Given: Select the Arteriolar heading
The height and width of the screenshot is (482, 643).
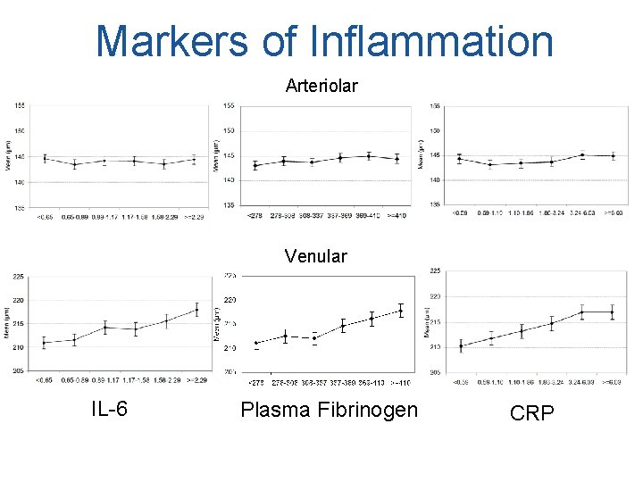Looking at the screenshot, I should point(321,86).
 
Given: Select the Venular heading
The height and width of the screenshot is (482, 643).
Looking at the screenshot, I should point(315,256).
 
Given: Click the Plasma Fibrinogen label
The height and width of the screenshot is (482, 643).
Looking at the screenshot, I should point(328,410).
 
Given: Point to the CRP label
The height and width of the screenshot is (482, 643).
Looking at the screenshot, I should point(531,412).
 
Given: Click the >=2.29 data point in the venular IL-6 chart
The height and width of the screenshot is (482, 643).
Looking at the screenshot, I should point(196,310).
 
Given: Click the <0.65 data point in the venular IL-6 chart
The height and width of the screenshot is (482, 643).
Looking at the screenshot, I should point(44,343).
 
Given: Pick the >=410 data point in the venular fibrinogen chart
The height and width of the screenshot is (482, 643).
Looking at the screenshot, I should point(401,311).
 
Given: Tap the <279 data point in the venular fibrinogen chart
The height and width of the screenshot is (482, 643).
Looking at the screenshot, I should point(256,343).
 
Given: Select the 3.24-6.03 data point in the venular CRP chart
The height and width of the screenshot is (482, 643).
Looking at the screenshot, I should point(581,312).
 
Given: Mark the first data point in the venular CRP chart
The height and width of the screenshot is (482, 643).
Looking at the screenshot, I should point(461,346).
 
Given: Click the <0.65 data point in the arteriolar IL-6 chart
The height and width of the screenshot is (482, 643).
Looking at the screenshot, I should point(44,158).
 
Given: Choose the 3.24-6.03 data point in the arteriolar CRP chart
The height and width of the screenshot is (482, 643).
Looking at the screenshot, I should point(581,155).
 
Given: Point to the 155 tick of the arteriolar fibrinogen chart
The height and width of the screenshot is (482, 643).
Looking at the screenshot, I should point(229,106).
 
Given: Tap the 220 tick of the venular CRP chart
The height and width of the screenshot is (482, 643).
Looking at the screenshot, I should point(437,295).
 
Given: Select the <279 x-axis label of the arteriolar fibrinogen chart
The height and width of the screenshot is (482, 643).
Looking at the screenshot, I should point(255,215).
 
